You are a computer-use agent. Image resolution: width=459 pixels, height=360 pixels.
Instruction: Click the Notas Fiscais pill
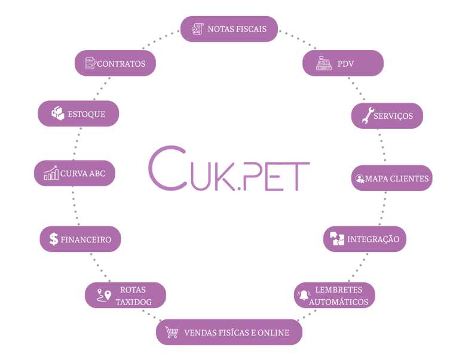229,29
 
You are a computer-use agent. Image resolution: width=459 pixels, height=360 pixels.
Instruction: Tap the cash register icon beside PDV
324,63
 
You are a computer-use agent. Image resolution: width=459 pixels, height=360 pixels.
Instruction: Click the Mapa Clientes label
397,179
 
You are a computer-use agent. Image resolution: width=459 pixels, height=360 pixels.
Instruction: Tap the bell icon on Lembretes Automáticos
304,295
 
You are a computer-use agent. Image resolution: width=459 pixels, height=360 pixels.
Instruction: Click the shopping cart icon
172,332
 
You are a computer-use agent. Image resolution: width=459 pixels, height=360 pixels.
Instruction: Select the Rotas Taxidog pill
124,295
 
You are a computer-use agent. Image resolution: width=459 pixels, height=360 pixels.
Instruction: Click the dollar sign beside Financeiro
54,239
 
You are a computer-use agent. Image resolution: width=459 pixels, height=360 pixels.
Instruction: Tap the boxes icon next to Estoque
58,113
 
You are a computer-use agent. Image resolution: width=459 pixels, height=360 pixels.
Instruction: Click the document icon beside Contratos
90,63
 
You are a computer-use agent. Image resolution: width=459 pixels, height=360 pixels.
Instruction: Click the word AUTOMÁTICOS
339,302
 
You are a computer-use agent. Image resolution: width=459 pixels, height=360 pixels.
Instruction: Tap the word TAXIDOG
133,302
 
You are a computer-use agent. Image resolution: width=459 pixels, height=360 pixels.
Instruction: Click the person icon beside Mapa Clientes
359,179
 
